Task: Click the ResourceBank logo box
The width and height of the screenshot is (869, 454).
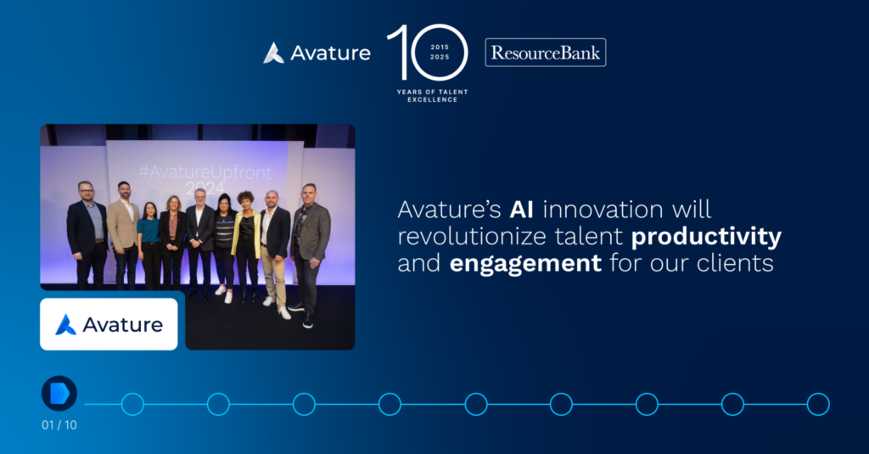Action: click(x=546, y=53)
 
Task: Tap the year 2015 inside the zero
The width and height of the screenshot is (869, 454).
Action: click(x=440, y=48)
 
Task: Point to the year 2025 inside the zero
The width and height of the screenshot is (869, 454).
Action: click(x=440, y=57)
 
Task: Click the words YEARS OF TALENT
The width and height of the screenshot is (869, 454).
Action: click(x=432, y=92)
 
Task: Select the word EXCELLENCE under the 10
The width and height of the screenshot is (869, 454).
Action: click(x=432, y=100)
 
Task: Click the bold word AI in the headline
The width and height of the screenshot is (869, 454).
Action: click(x=522, y=210)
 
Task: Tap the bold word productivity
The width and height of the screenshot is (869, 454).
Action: click(x=706, y=238)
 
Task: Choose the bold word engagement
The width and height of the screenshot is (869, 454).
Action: click(x=525, y=263)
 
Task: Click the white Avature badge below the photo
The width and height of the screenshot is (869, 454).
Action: click(x=109, y=324)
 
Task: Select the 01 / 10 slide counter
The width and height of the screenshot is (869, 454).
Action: click(x=59, y=425)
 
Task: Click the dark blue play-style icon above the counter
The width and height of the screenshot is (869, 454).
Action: click(x=59, y=394)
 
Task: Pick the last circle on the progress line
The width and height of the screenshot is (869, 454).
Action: click(x=818, y=404)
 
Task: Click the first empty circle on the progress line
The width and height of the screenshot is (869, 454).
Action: click(x=132, y=404)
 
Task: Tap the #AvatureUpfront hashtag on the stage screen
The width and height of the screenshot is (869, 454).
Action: click(x=205, y=172)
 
